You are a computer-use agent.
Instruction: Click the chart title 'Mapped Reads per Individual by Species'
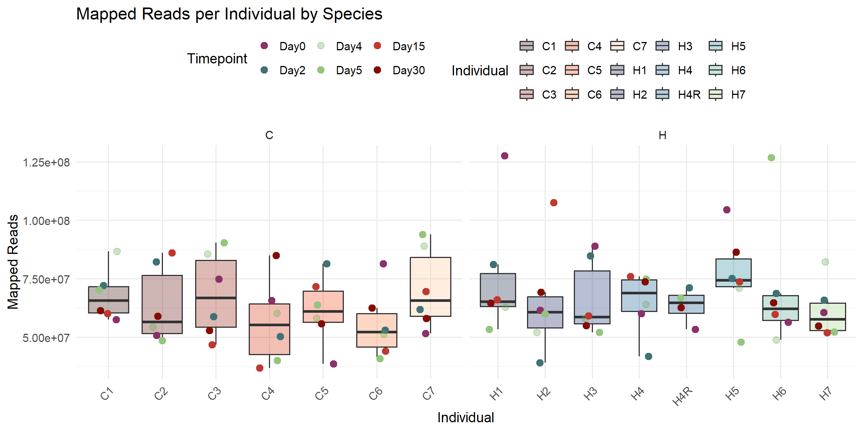pyautogui.click(x=229, y=14)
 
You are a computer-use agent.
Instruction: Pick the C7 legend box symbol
pyautogui.click(x=617, y=46)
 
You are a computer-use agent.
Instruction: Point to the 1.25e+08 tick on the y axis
pyautogui.click(x=46, y=163)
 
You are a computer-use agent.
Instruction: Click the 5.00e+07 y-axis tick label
pyautogui.click(x=46, y=338)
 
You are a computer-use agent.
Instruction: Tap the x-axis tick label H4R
pyautogui.click(x=682, y=396)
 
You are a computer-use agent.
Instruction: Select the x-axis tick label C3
pyautogui.click(x=215, y=394)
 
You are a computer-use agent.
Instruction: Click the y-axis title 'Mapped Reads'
pyautogui.click(x=13, y=262)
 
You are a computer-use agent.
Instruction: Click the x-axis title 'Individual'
pyautogui.click(x=466, y=417)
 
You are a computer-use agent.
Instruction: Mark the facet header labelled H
pyautogui.click(x=662, y=135)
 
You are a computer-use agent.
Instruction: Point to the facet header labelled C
pyautogui.click(x=269, y=135)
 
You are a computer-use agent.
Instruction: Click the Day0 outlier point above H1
pyautogui.click(x=505, y=156)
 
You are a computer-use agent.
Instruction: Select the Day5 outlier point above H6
pyautogui.click(x=771, y=157)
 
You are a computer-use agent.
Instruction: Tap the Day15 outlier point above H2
pyautogui.click(x=554, y=202)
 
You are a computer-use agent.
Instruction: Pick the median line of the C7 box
pyautogui.click(x=430, y=300)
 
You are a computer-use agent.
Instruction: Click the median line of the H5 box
pyautogui.click(x=733, y=280)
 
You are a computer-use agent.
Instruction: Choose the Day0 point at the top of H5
pyautogui.click(x=727, y=210)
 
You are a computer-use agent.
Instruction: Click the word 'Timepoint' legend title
pyautogui.click(x=217, y=58)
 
